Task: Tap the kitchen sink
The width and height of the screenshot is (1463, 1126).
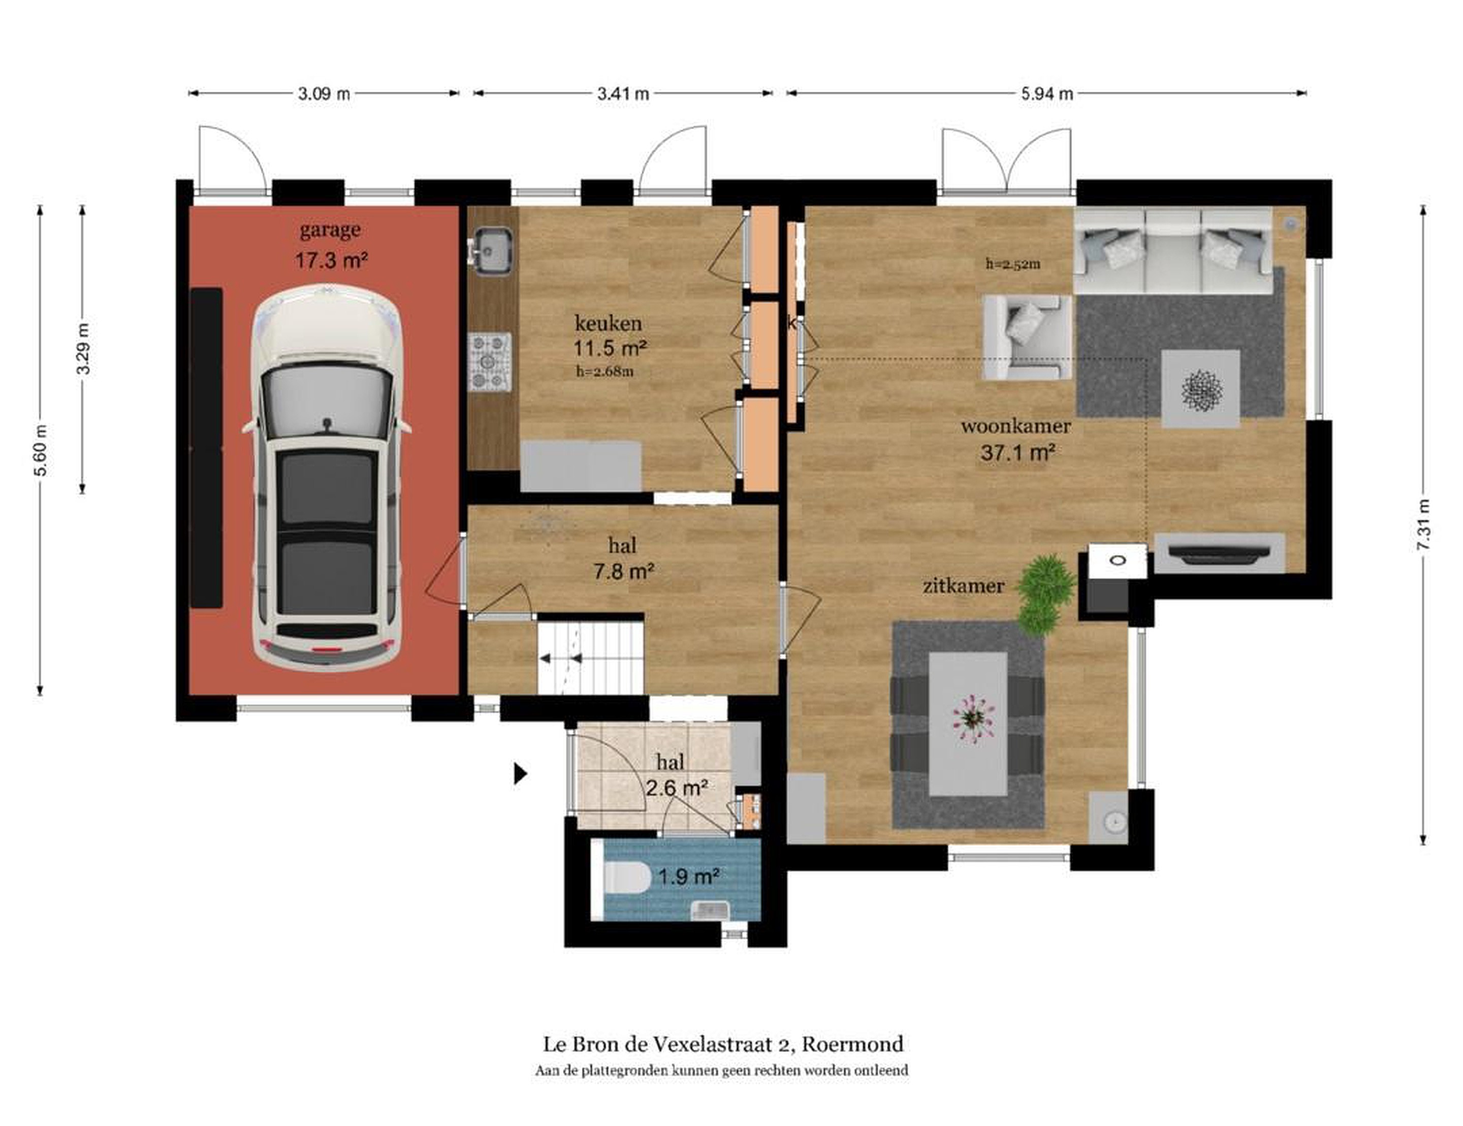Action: click(x=492, y=252)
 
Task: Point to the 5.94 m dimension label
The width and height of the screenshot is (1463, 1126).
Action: click(x=1047, y=94)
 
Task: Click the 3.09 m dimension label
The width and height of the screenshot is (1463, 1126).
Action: click(x=324, y=94)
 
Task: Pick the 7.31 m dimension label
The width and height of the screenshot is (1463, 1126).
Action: click(x=1423, y=525)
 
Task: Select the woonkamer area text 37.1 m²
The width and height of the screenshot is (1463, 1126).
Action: click(x=1017, y=453)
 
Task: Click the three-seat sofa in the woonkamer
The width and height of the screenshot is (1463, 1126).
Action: click(x=1173, y=250)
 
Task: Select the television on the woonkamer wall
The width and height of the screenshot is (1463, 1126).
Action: click(x=1219, y=553)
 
